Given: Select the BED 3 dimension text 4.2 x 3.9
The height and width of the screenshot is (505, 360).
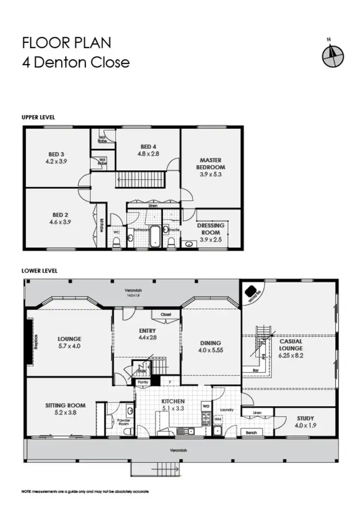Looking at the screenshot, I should click(x=56, y=162).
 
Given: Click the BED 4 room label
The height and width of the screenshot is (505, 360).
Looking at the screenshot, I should click(x=148, y=147).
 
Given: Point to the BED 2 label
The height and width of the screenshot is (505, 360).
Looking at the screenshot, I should click(x=56, y=216).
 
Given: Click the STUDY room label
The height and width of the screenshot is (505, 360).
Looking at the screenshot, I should click(x=305, y=418).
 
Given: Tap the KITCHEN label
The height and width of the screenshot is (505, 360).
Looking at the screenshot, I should click(x=173, y=401).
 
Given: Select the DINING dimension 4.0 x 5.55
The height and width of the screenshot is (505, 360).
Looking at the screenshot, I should click(x=211, y=350).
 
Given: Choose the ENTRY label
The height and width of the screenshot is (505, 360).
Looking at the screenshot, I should click(x=147, y=331).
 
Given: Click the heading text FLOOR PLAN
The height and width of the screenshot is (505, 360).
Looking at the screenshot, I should click(x=66, y=43).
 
